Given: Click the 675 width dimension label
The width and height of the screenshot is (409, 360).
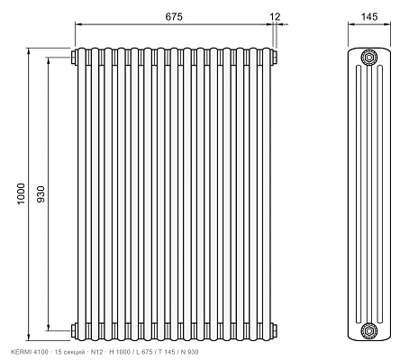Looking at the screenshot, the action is pyautogui.click(x=174, y=16).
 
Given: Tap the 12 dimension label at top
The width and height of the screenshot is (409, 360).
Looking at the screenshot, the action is pyautogui.click(x=275, y=16).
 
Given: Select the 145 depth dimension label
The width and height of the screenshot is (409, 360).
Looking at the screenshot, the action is pyautogui.click(x=369, y=16).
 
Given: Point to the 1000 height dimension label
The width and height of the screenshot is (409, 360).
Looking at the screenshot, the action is pyautogui.click(x=21, y=193).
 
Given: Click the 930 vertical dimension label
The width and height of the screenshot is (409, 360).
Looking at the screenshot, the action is pyautogui.click(x=41, y=194).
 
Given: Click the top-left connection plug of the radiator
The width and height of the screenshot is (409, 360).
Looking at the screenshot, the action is pyautogui.click(x=74, y=57).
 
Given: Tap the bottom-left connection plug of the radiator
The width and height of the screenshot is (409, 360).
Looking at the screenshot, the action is pyautogui.click(x=74, y=331).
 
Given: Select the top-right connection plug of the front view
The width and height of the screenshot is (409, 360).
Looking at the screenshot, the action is pyautogui.click(x=274, y=57).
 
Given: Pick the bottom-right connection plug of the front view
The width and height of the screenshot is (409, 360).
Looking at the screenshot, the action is pyautogui.click(x=274, y=331).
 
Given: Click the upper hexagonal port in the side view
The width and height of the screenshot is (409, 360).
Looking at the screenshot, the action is pyautogui.click(x=369, y=57).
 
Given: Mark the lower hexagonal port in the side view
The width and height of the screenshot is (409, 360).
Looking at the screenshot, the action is pyautogui.click(x=369, y=331).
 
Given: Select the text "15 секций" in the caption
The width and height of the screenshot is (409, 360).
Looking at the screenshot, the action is pyautogui.click(x=69, y=352).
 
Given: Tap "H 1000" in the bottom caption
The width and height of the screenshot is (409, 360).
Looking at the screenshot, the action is pyautogui.click(x=120, y=352).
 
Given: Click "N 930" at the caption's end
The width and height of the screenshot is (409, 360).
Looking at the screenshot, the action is pyautogui.click(x=189, y=352).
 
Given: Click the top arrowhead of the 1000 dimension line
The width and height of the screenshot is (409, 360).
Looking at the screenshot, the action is pyautogui.click(x=29, y=51).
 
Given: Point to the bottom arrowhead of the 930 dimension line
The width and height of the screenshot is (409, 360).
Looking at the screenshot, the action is pyautogui.click(x=49, y=328).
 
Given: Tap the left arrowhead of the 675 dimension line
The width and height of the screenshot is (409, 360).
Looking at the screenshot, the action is pyautogui.click(x=78, y=24).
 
